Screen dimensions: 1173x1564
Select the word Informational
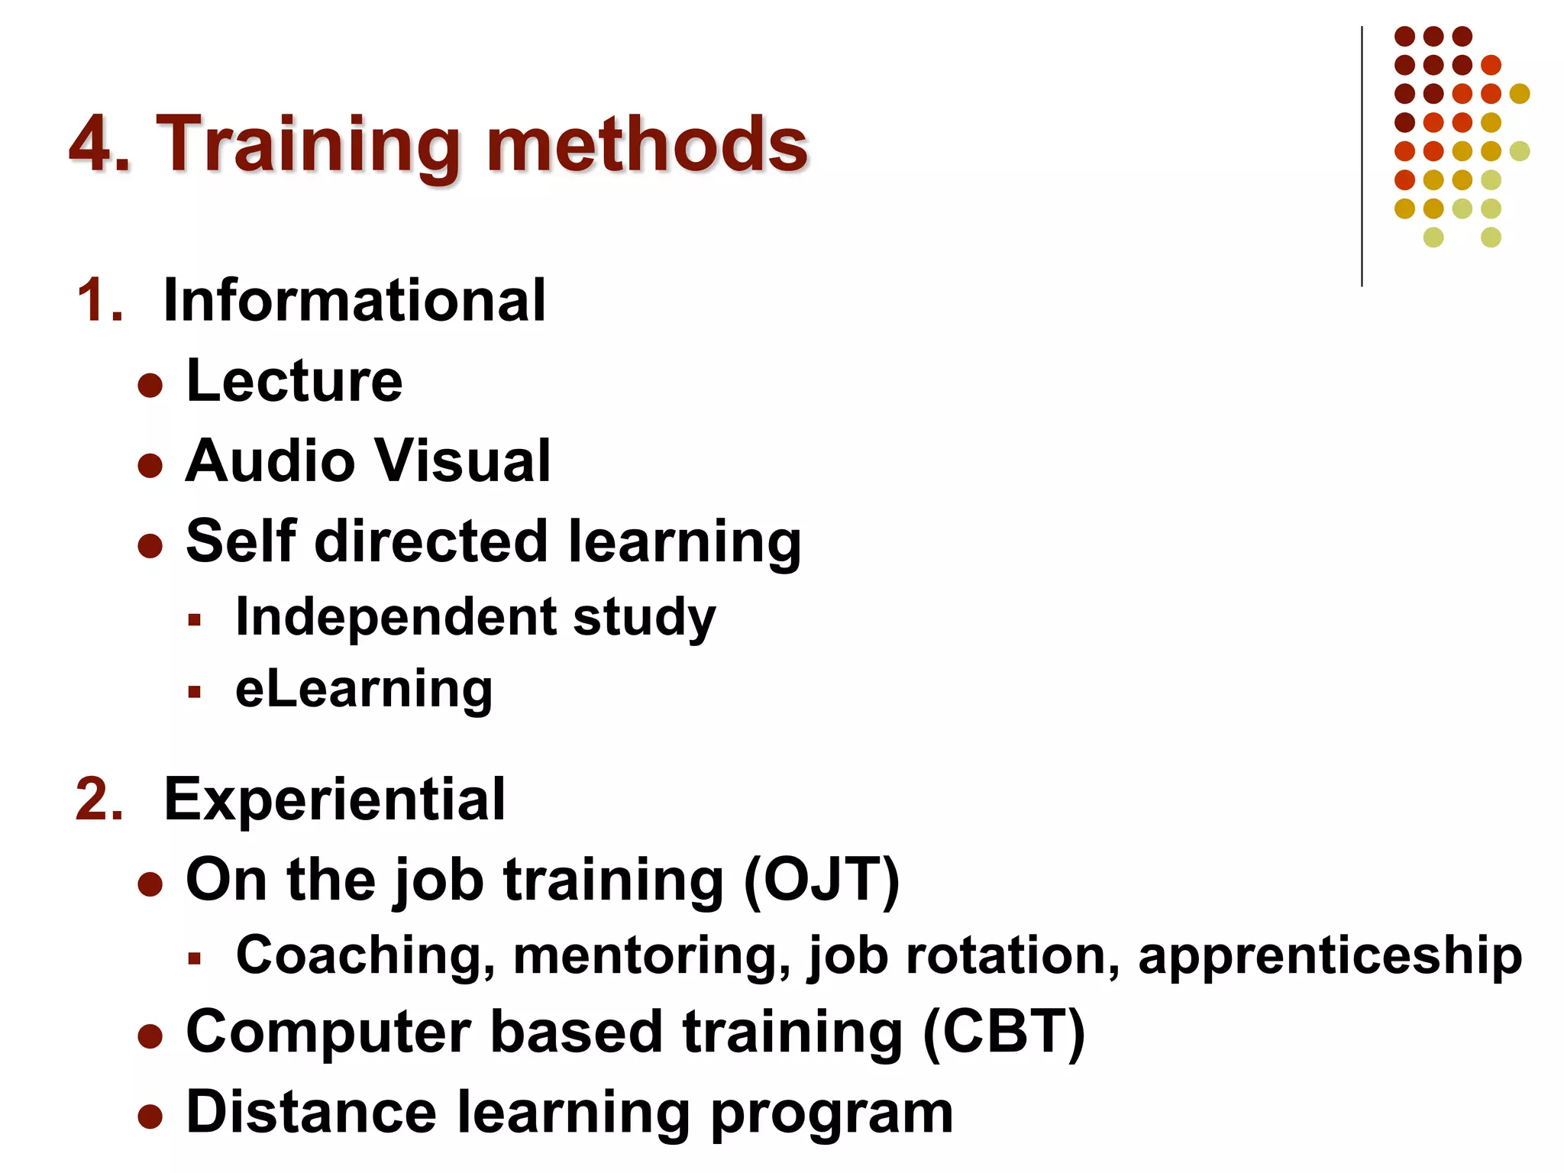(x=354, y=300)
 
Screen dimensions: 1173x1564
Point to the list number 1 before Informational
(x=99, y=300)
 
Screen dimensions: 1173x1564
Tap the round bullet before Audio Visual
(x=150, y=465)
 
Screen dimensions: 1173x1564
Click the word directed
(x=431, y=541)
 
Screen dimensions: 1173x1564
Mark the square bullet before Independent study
(x=194, y=619)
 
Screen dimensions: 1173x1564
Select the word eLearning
(x=364, y=690)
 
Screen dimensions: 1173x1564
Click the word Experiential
(x=334, y=800)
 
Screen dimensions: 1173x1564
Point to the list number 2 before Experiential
(x=99, y=800)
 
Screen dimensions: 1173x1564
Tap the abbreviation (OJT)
(x=822, y=881)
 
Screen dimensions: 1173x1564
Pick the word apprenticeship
(x=1330, y=955)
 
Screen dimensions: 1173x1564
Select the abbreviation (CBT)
(x=1003, y=1032)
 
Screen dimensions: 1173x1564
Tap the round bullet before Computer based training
(x=150, y=1036)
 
